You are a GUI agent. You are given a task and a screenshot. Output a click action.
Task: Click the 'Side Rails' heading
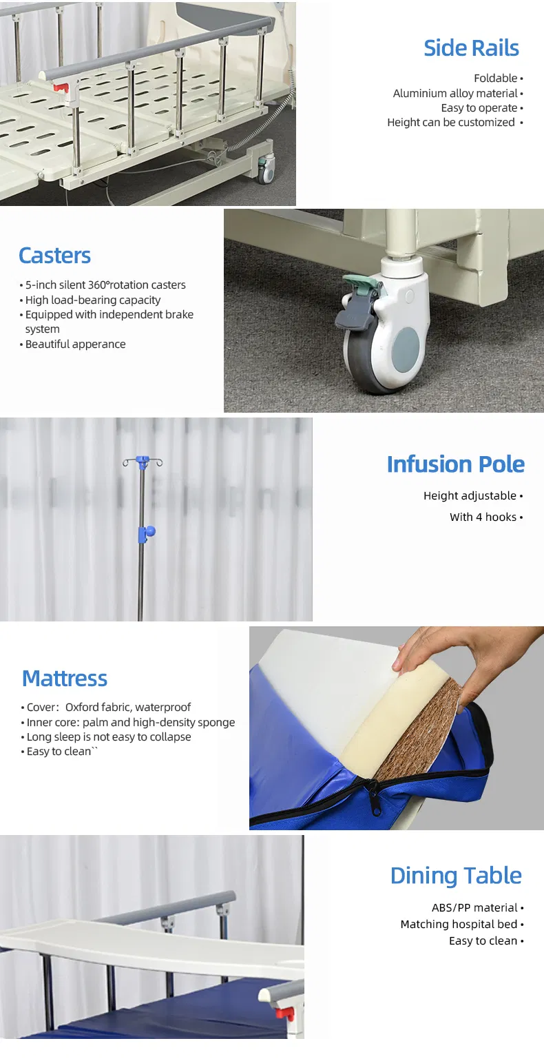click(471, 48)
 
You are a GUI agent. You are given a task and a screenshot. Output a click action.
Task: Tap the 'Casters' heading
click(54, 256)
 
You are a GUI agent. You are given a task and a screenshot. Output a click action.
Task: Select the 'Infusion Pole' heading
click(455, 464)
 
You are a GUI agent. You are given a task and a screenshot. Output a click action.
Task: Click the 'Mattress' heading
click(65, 679)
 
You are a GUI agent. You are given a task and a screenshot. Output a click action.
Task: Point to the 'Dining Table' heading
click(456, 876)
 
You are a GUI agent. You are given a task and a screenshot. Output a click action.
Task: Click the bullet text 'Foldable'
click(496, 79)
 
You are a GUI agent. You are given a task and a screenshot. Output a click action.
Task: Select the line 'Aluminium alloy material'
click(455, 94)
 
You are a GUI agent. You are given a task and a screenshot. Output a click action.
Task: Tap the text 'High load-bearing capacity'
click(92, 300)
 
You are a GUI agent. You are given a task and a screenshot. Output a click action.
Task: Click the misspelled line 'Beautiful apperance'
click(75, 344)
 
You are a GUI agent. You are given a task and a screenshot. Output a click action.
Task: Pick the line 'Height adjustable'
click(470, 496)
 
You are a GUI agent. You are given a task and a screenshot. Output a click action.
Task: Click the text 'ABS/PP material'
click(474, 908)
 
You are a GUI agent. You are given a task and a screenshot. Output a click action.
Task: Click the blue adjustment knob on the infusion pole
click(146, 532)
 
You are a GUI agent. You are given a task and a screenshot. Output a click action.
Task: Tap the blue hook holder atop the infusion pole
click(142, 460)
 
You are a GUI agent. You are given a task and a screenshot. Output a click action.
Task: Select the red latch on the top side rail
click(61, 88)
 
